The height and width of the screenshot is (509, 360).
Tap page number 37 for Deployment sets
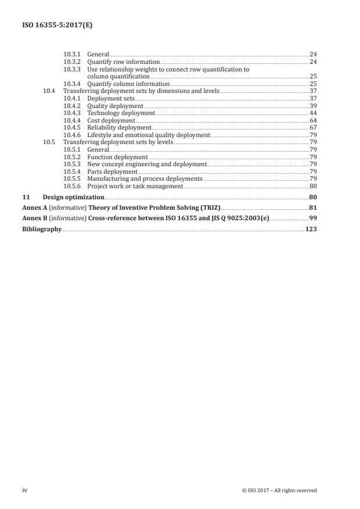(x=312, y=99)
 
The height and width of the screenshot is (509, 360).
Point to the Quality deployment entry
(x=114, y=106)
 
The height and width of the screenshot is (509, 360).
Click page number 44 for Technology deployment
(x=312, y=113)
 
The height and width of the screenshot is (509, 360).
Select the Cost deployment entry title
(x=110, y=121)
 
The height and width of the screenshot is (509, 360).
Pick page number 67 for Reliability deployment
(x=312, y=128)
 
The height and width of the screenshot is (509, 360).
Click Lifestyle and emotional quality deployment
(x=148, y=135)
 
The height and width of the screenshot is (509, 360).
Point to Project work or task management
(x=135, y=187)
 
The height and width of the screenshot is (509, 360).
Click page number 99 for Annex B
(x=312, y=218)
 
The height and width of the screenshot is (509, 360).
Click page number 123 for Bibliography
(x=311, y=229)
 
